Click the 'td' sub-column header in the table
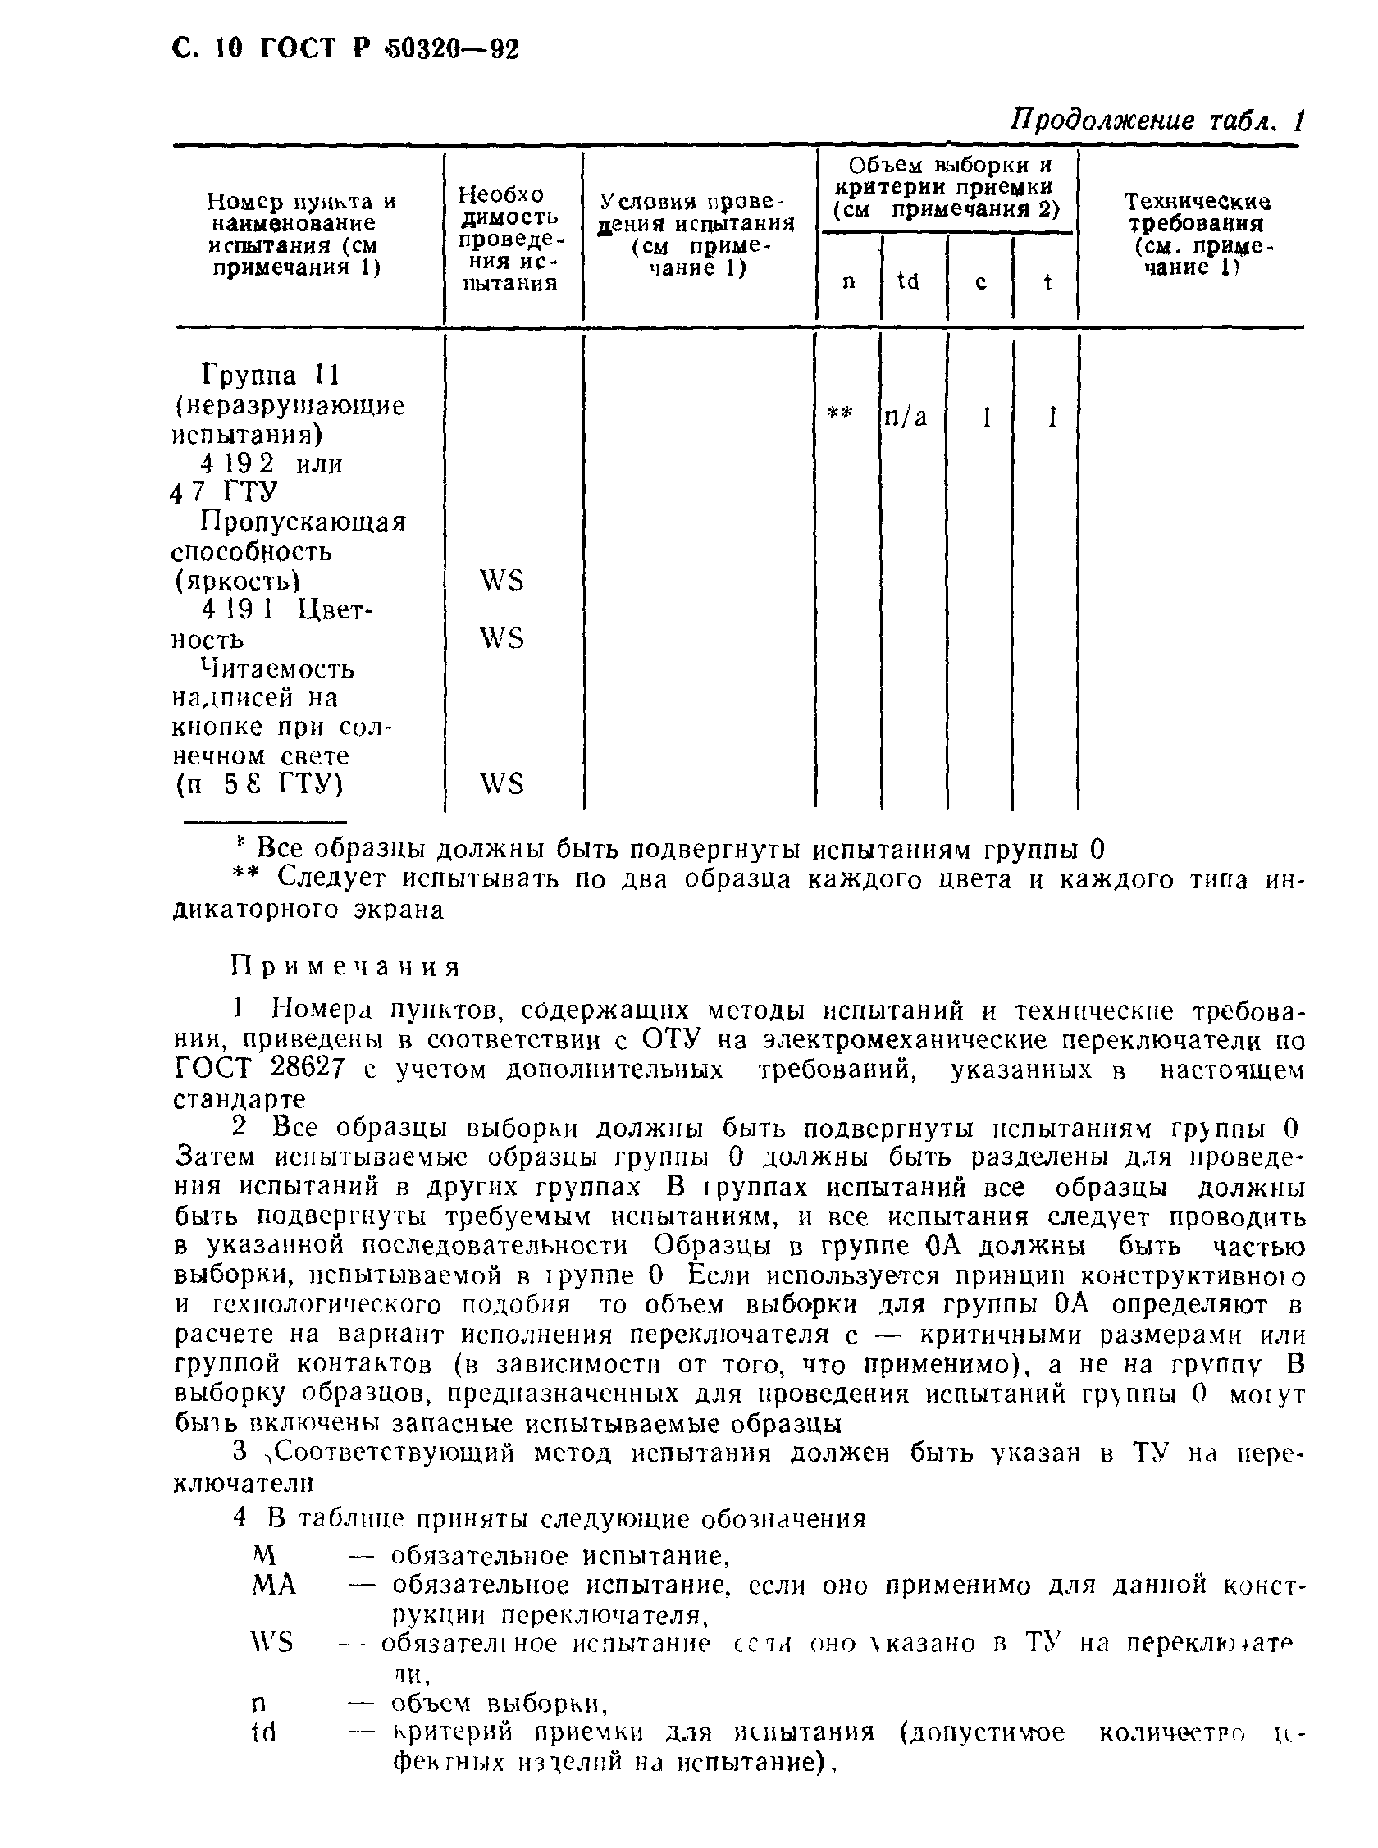click(907, 282)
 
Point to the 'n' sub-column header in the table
click(849, 283)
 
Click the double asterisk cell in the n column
click(840, 413)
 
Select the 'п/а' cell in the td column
click(905, 416)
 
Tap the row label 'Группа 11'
click(270, 376)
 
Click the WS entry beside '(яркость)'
click(501, 581)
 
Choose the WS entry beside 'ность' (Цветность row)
click(501, 639)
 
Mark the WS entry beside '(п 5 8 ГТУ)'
click(501, 784)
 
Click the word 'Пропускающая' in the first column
click(303, 522)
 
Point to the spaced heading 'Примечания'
click(345, 967)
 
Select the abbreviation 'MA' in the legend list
click(274, 1585)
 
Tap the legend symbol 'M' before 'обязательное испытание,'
click(263, 1554)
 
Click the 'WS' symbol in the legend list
click(272, 1643)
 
